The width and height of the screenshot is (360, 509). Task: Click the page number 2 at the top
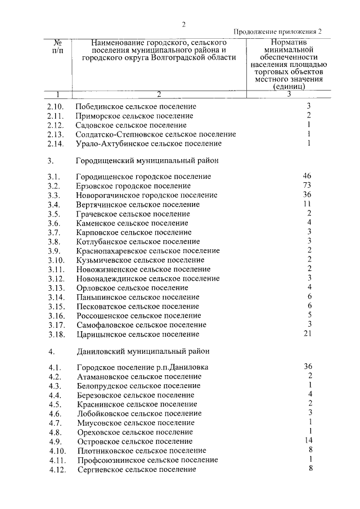click(183, 24)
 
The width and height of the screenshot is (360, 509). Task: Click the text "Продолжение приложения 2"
click(278, 32)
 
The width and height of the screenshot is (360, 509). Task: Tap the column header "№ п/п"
click(57, 47)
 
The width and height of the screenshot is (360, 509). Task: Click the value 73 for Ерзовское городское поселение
click(307, 186)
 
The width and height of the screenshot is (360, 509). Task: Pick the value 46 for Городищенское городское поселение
click(307, 176)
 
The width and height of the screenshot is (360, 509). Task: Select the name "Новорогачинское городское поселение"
click(147, 195)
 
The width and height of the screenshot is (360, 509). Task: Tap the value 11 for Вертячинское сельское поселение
click(307, 204)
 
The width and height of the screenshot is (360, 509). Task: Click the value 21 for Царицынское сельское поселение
click(307, 334)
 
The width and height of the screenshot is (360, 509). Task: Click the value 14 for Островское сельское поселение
click(307, 440)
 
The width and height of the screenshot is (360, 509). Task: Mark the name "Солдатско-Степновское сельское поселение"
click(156, 134)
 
